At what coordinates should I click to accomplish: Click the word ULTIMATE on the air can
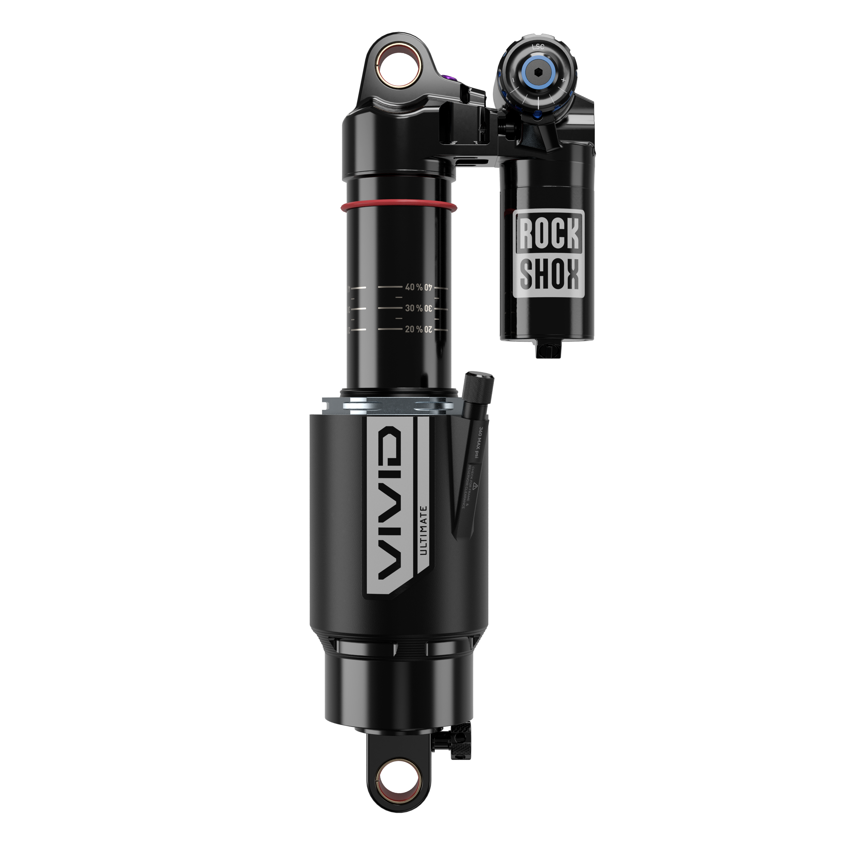(423, 530)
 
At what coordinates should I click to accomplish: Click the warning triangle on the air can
(476, 485)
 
